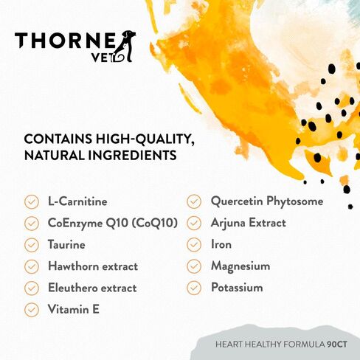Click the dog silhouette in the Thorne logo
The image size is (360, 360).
[126, 46]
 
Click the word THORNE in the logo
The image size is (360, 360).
[65, 41]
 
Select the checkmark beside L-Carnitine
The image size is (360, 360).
[32, 202]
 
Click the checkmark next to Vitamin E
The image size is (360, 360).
[32, 309]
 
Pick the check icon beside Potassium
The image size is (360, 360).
[194, 288]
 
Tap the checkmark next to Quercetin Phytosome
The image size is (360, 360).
[194, 201]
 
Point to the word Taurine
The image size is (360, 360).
[66, 244]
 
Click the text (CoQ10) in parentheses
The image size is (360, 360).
[155, 223]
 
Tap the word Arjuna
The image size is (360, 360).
[228, 224]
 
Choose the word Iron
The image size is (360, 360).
[221, 244]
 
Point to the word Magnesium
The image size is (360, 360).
[240, 266]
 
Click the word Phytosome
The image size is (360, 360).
[295, 201]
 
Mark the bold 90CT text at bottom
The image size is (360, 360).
[337, 345]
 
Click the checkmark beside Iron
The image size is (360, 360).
[194, 245]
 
